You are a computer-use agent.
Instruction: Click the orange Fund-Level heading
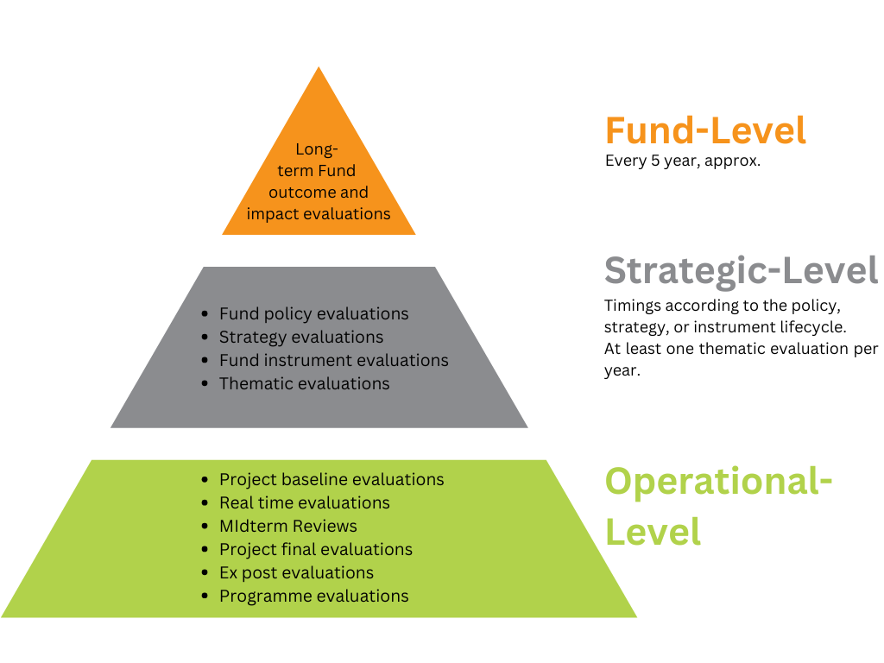coord(705,130)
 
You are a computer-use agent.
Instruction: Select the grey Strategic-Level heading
coord(741,271)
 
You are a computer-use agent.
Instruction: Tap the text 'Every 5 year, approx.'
coord(683,161)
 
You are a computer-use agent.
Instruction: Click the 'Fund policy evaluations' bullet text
coord(314,313)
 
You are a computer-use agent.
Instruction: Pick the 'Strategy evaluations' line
coord(301,338)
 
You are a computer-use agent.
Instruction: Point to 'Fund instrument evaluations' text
coord(334,360)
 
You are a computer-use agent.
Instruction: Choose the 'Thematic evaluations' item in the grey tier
coord(305,383)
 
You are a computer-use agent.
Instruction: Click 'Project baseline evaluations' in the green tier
coord(331,479)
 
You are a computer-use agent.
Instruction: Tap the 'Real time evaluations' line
coord(305,502)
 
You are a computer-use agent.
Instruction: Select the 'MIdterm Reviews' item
coord(288,526)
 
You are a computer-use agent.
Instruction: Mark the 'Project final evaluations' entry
coord(316,549)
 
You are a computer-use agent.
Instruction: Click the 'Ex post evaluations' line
coord(297,573)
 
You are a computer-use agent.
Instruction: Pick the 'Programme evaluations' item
coord(314,596)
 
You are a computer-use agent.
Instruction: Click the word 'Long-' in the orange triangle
coord(317,148)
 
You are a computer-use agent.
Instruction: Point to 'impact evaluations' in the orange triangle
coord(319,214)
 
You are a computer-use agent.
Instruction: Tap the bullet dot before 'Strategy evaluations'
coord(205,338)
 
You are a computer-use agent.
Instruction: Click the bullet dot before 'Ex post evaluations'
coord(205,573)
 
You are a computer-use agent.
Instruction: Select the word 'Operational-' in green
coord(718,482)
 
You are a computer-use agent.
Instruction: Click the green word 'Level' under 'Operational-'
coord(653,532)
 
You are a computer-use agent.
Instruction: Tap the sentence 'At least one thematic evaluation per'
coord(741,349)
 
